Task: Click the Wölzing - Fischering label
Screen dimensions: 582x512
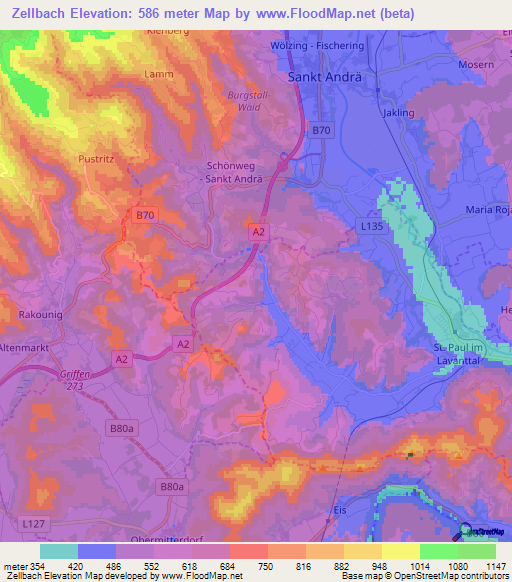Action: pyautogui.click(x=318, y=46)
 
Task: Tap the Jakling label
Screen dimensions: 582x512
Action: pyautogui.click(x=397, y=113)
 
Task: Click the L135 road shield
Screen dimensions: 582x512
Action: pyautogui.click(x=372, y=228)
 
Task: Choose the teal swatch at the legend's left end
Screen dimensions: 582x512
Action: pyautogui.click(x=58, y=550)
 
